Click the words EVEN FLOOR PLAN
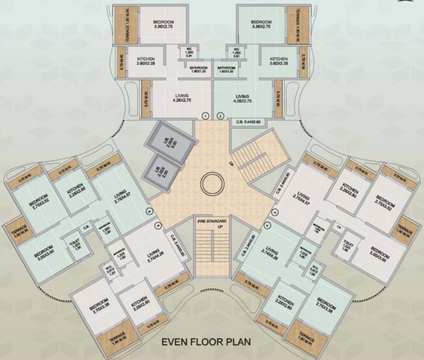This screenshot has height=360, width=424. click(x=206, y=342)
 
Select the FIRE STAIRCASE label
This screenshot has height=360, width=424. click(x=211, y=223)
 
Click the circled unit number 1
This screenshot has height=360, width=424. click(x=205, y=114)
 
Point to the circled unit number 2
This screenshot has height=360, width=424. click(x=220, y=114)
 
